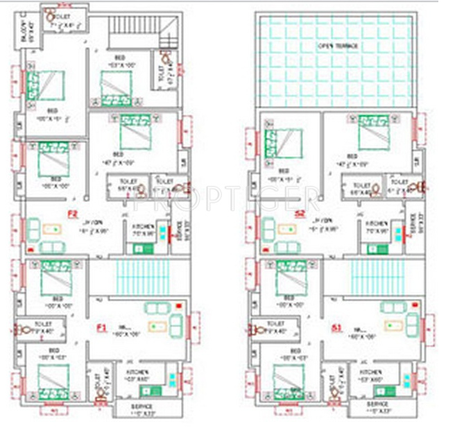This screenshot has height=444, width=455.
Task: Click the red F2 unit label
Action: [x=71, y=213]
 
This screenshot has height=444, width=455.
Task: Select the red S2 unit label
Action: [x=300, y=214]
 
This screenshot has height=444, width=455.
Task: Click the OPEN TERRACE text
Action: [x=338, y=46]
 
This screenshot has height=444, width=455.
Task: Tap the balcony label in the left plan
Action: [x=30, y=33]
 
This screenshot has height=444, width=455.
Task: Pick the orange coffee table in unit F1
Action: [x=161, y=324]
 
